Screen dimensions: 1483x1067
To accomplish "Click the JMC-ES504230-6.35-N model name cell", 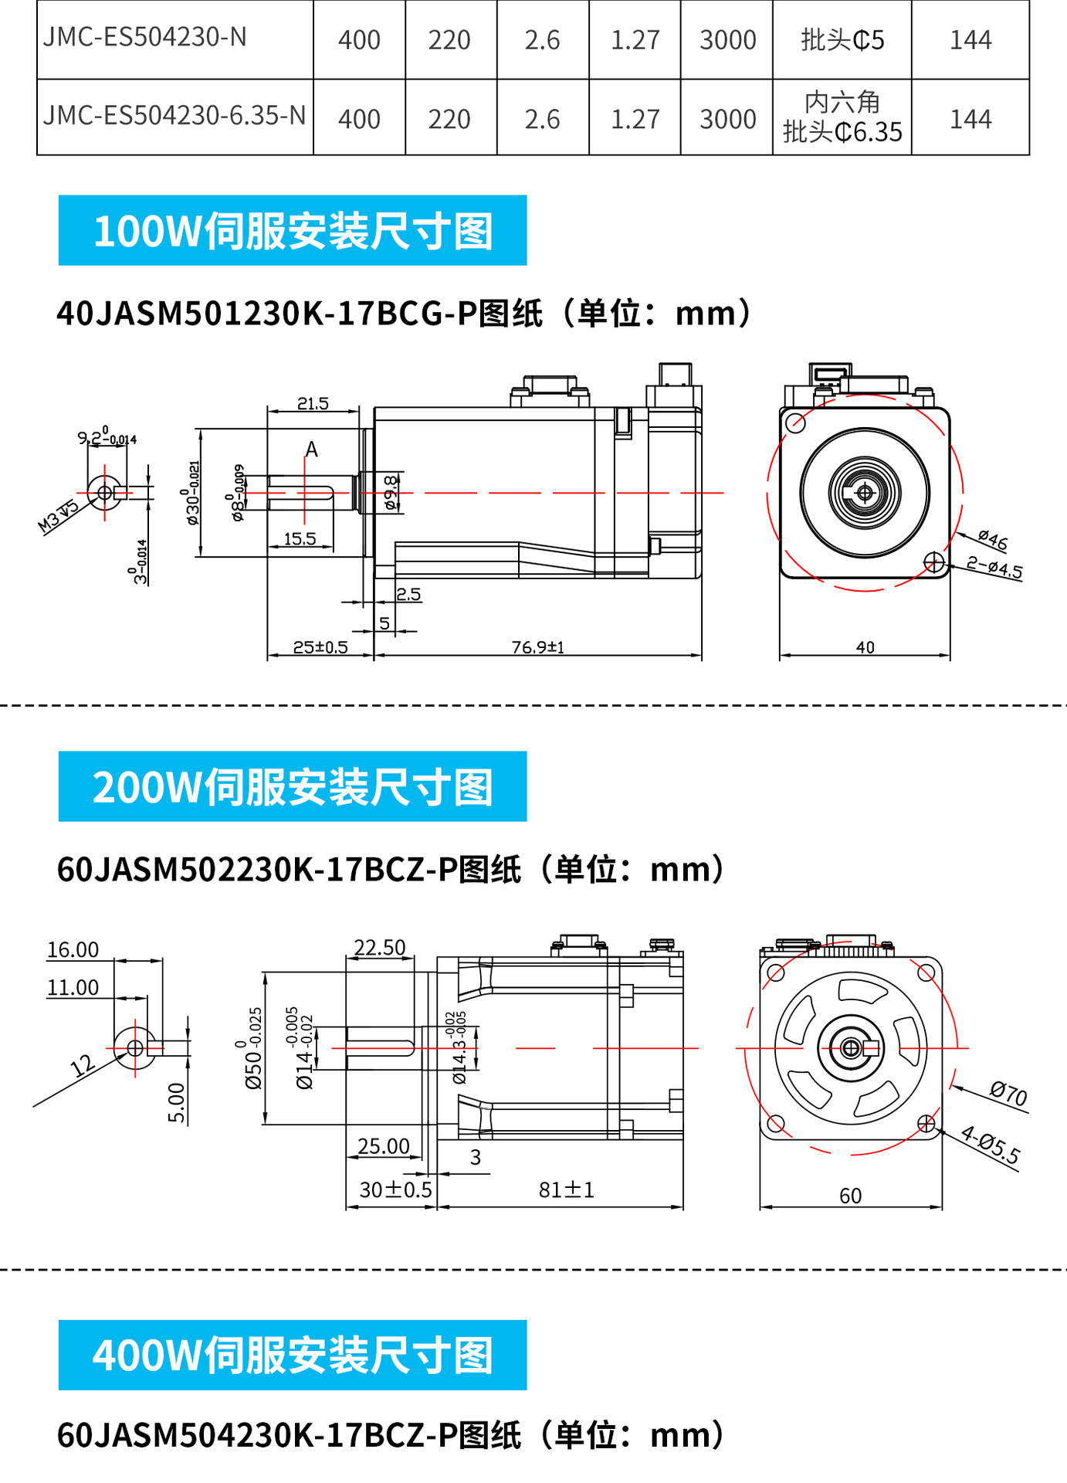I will click(174, 116).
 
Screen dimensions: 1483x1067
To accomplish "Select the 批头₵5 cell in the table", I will click(842, 40).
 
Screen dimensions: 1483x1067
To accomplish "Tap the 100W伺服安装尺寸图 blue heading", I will click(293, 231).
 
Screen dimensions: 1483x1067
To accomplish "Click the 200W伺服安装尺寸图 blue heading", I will click(293, 786).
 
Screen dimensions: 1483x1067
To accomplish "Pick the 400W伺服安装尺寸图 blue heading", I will click(293, 1355).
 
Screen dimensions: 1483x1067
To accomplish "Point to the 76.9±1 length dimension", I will click(538, 647).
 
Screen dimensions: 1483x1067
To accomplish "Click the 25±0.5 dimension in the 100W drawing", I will click(320, 647).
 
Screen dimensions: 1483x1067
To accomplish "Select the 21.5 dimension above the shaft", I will click(313, 403).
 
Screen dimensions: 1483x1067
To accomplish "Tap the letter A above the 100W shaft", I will click(311, 449).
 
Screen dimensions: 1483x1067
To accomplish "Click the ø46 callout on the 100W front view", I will click(993, 540).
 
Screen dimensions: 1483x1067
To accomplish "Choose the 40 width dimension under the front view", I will click(865, 647).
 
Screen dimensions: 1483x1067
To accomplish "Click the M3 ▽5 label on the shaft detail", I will click(59, 516).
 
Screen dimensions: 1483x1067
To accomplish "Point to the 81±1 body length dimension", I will click(566, 1190).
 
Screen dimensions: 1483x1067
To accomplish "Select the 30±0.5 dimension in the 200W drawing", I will click(395, 1190).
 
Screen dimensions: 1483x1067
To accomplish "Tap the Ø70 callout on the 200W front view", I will click(1008, 1094).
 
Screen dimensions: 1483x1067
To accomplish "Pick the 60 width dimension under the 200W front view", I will click(850, 1196).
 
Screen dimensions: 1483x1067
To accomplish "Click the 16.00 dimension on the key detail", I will click(73, 950).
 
